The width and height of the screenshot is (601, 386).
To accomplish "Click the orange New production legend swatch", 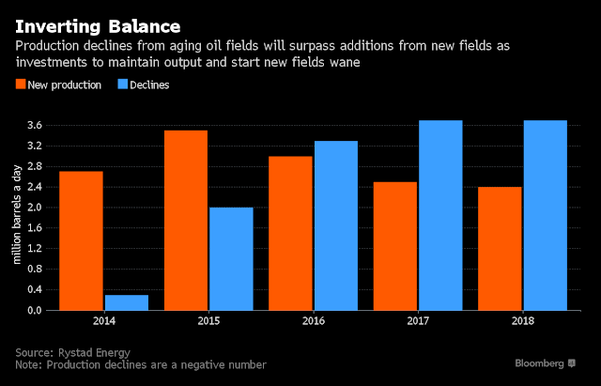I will [21, 84].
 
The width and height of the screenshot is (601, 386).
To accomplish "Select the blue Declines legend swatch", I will [122, 84].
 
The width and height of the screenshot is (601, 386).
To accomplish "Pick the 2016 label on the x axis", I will [313, 320].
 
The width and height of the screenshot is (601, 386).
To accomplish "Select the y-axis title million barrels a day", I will [16, 217].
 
